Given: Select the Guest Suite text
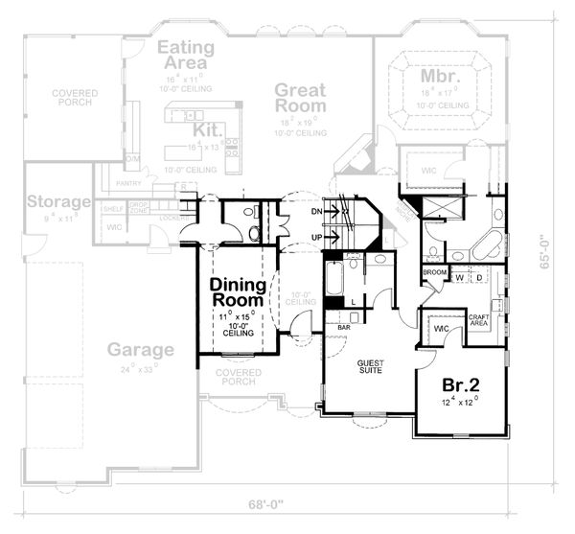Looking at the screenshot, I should [x=370, y=367].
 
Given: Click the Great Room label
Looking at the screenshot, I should [x=299, y=98].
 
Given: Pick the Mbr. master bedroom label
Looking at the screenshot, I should [x=442, y=75].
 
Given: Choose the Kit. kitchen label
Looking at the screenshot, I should [x=208, y=129].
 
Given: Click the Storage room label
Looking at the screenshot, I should [x=58, y=202].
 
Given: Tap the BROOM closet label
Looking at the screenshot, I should [x=434, y=272].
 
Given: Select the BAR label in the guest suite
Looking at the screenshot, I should [x=343, y=328].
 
